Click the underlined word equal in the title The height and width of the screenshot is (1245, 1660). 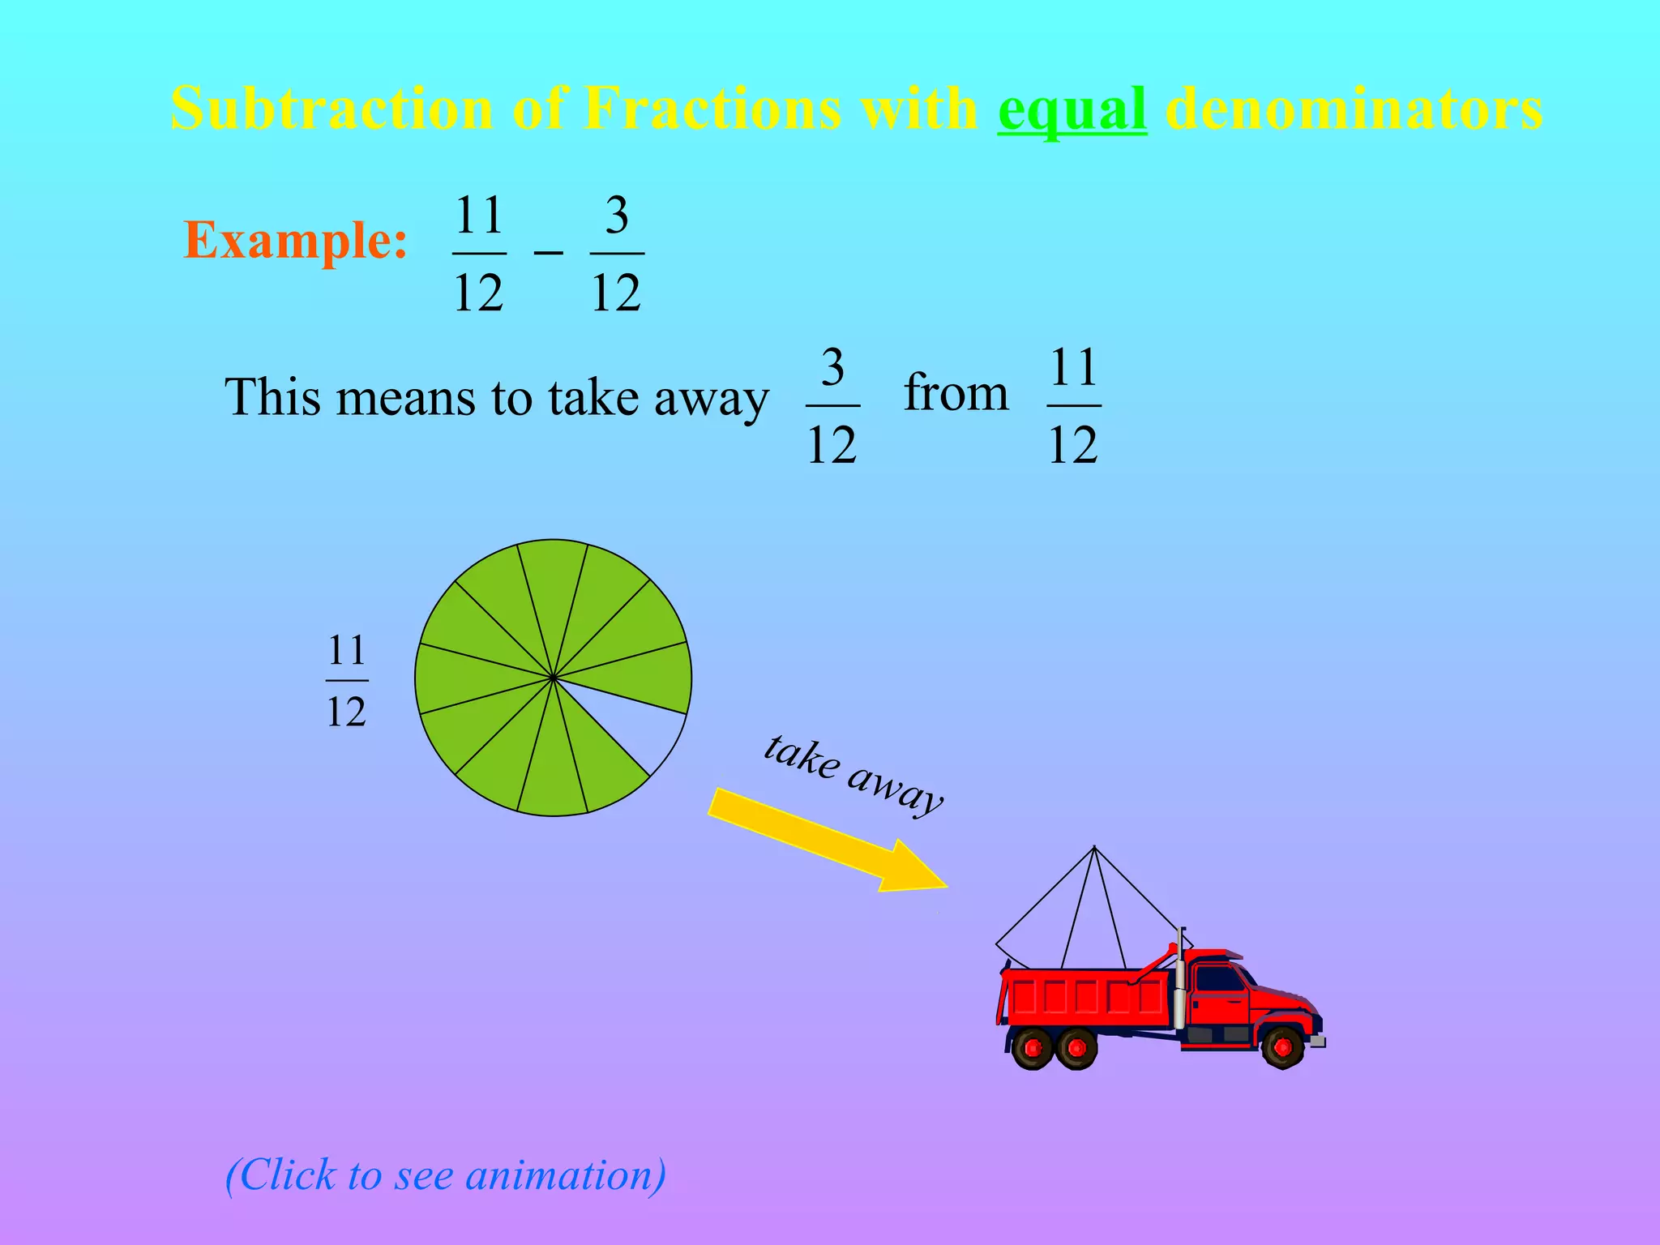click(x=1072, y=109)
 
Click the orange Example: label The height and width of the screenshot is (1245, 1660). click(x=296, y=240)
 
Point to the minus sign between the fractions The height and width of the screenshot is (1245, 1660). click(x=548, y=253)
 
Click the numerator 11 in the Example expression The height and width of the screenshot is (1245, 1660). click(x=479, y=216)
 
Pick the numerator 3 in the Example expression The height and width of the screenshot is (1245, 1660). click(x=617, y=216)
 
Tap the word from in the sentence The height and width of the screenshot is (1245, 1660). click(x=956, y=393)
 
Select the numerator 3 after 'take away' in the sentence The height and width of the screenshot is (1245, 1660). click(x=832, y=368)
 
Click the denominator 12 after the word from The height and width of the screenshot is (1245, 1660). click(x=1072, y=444)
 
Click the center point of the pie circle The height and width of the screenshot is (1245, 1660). click(x=553, y=678)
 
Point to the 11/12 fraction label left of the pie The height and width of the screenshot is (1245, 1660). click(x=347, y=681)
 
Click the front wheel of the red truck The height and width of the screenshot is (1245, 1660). click(x=1282, y=1047)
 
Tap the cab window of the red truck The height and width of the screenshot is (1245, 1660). click(x=1218, y=979)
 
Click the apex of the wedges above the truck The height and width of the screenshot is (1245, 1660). click(x=1094, y=848)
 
